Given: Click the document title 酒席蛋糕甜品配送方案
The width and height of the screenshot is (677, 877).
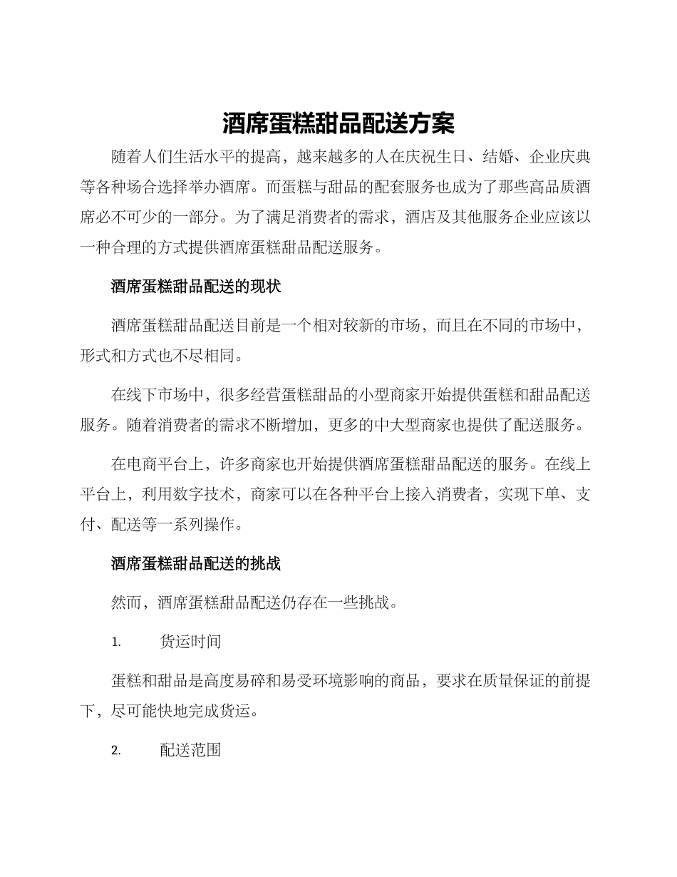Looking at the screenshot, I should (338, 123).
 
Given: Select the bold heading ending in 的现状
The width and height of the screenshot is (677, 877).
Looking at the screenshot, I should (196, 287).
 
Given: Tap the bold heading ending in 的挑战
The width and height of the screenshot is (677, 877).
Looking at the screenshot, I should (196, 563).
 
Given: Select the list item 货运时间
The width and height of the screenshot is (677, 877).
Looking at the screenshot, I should (190, 642).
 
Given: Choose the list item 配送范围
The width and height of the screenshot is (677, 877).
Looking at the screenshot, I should (190, 750).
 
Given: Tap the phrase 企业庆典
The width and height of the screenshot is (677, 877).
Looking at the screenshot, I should (559, 156).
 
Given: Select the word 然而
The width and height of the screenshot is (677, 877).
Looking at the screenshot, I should (127, 602).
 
